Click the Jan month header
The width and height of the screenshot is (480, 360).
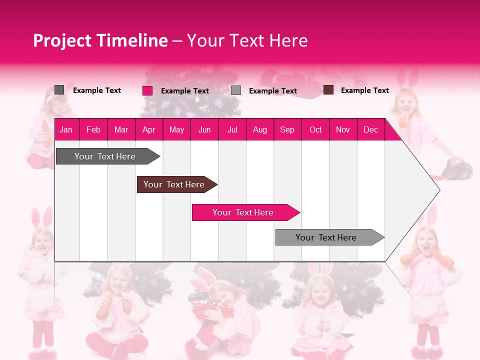66,130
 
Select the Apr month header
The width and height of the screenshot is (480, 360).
148,130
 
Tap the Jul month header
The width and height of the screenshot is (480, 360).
232,130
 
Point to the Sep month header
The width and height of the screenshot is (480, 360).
287,130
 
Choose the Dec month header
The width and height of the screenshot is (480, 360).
370,130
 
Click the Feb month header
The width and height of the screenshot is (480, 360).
93,130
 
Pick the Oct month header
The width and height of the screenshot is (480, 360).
315,130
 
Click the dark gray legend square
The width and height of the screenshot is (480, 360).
59,90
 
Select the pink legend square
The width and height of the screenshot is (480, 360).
147,90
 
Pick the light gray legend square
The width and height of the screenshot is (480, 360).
236,90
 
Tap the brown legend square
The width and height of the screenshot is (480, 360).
328,90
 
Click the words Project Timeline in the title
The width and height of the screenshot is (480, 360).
100,40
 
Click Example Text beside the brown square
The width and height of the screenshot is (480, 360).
364,90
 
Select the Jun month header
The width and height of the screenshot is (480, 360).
204,130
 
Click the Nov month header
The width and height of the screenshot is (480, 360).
343,130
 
